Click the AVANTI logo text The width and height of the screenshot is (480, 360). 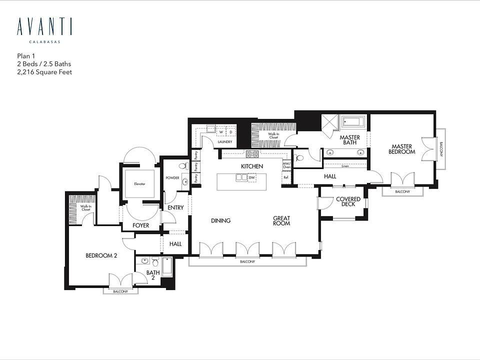pos(44,27)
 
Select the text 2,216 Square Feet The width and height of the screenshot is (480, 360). pos(44,72)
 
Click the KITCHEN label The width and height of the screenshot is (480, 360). pos(252,166)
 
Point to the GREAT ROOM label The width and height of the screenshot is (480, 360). pos(282,221)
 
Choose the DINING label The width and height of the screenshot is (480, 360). pos(220,220)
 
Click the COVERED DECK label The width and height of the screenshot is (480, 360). pos(348,202)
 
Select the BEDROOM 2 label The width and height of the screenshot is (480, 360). pos(101,255)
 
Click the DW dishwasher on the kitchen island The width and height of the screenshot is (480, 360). pos(252,177)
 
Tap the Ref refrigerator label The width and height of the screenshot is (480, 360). pos(286,177)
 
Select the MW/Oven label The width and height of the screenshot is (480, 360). pos(286,165)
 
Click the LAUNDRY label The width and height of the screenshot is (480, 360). pos(225,142)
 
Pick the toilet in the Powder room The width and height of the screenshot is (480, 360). pos(182,166)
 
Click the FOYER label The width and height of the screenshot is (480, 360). pos(141,225)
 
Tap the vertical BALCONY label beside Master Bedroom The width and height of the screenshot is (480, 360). pos(441,149)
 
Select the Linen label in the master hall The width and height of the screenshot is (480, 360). pos(345,166)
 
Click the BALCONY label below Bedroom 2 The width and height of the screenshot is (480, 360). pos(120,291)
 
